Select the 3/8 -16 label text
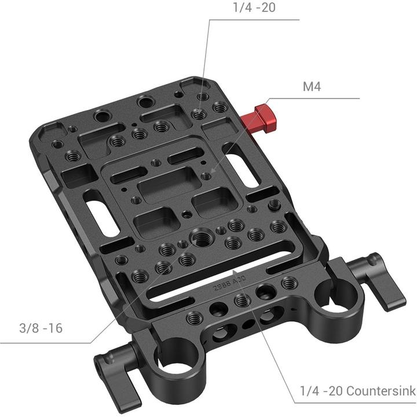pos(39,328)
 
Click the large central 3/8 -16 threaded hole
pos(204,239)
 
